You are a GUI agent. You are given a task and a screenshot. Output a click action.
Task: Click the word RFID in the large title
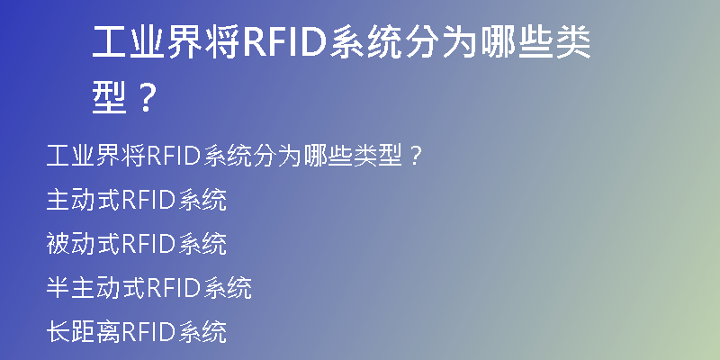(284, 42)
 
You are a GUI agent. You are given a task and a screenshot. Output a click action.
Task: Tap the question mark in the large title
(146, 98)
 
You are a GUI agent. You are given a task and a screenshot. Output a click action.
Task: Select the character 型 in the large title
(109, 98)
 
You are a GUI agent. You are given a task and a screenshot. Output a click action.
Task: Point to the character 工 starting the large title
(110, 42)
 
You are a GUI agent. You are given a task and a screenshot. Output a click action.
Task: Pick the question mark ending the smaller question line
(415, 156)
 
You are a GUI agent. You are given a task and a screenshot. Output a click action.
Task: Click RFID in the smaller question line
(174, 156)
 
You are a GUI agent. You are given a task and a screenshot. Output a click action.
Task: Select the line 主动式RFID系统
(137, 200)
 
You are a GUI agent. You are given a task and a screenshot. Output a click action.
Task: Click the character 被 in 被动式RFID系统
(58, 244)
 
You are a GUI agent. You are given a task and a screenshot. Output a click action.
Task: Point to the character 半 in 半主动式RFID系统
(58, 288)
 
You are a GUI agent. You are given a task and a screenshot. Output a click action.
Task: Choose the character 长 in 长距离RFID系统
(58, 332)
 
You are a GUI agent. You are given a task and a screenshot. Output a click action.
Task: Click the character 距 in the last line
(83, 332)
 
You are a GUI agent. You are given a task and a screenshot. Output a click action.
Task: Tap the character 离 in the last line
(108, 332)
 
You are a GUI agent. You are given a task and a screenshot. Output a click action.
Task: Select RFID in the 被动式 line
(148, 244)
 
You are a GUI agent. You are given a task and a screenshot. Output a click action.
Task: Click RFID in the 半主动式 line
(174, 288)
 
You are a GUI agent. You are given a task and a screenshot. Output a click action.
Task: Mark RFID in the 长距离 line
(148, 332)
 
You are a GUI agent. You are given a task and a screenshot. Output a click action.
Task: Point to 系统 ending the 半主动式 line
(228, 288)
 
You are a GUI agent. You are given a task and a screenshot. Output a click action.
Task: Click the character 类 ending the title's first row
(573, 42)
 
